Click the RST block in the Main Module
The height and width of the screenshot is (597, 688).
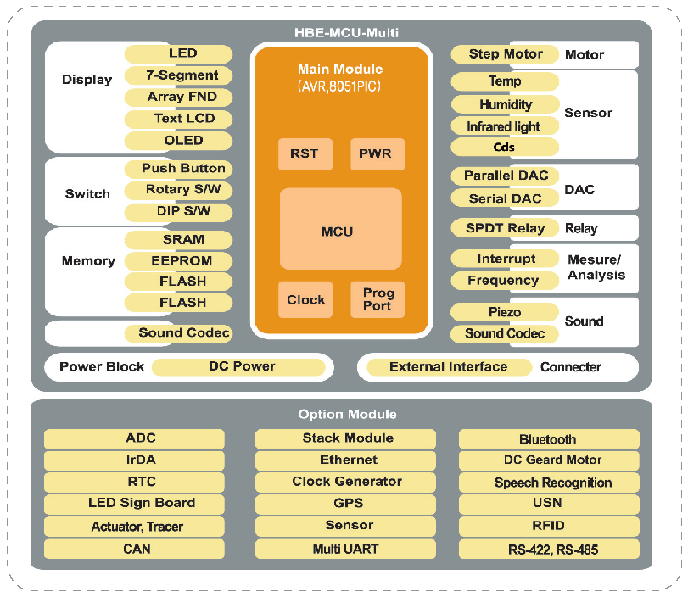click(305, 153)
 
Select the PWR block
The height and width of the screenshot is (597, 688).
click(377, 153)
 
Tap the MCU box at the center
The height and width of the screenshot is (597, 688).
click(340, 230)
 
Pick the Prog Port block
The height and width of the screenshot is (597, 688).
click(377, 299)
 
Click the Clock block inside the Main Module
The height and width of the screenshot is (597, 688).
click(305, 299)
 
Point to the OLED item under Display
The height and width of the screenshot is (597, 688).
click(179, 140)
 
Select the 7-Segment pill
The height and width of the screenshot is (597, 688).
click(179, 75)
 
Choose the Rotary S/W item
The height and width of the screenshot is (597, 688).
click(179, 189)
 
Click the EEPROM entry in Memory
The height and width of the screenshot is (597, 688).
click(179, 261)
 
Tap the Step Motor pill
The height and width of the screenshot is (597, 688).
click(506, 54)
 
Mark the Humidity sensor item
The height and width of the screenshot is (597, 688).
click(506, 104)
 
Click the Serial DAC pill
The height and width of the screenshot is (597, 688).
click(506, 198)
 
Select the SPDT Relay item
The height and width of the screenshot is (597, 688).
click(506, 228)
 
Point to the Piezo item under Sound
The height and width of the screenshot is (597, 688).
click(506, 312)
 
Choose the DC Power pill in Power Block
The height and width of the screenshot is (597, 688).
click(241, 366)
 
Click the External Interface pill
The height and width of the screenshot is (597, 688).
click(448, 367)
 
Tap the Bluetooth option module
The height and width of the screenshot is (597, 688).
click(548, 439)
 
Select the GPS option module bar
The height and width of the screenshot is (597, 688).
click(345, 502)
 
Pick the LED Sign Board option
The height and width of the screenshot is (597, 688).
click(134, 503)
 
